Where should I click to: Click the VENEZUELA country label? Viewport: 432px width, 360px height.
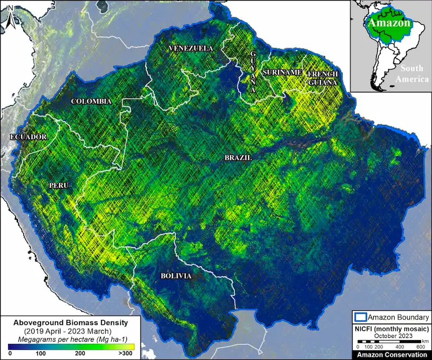pos(191,48)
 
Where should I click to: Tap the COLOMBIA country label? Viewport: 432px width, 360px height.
pos(91,101)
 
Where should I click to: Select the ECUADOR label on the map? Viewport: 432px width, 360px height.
pos(28,137)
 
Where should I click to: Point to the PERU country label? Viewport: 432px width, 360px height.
pos(58,185)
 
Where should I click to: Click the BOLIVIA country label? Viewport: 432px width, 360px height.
pos(175,275)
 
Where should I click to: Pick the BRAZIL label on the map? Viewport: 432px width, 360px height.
pos(238,157)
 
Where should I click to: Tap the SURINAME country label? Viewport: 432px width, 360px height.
pos(281,72)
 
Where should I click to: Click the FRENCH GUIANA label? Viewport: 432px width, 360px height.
pos(322,78)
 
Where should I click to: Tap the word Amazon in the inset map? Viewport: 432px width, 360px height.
pos(389,23)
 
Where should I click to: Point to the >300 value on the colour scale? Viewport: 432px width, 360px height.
pos(125,352)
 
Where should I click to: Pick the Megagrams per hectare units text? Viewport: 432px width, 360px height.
pos(70,337)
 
